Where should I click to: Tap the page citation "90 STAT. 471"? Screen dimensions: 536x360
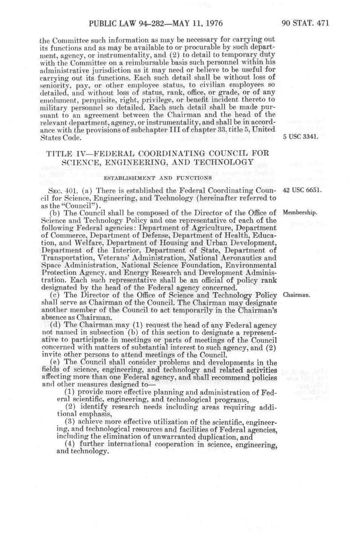[305, 24]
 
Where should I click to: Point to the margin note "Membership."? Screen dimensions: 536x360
[300, 213]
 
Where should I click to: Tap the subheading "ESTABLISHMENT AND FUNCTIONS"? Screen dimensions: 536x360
[158, 178]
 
